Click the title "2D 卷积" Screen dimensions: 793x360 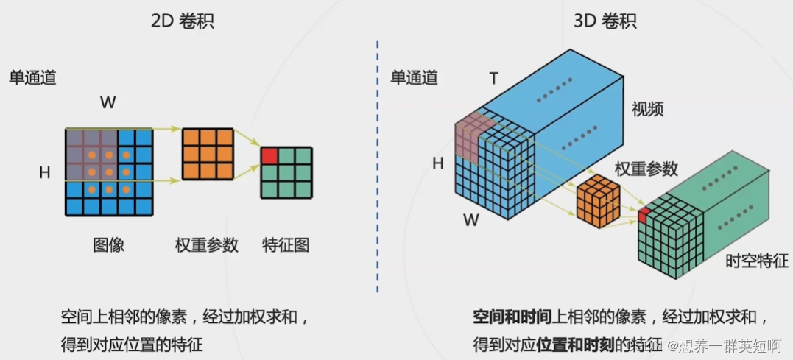[x=182, y=21]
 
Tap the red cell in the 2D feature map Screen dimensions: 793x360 [x=269, y=156]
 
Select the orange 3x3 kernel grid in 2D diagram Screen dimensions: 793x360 [x=208, y=155]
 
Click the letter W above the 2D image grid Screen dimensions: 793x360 [x=108, y=103]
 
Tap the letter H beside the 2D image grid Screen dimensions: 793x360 [x=45, y=173]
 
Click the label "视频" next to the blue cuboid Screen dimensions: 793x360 [x=648, y=110]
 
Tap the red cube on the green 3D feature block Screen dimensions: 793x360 [x=644, y=215]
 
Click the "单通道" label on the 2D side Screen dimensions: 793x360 [x=32, y=77]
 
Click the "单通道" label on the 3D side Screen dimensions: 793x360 [x=414, y=77]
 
